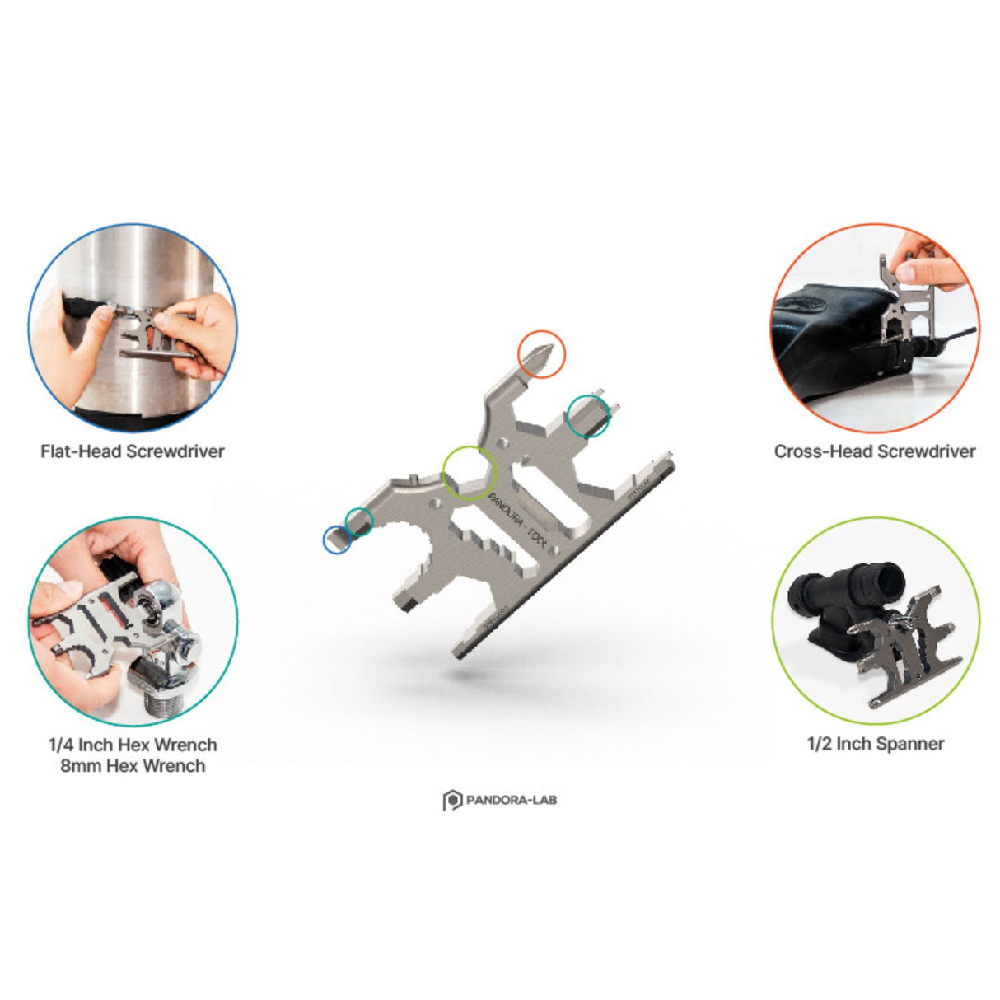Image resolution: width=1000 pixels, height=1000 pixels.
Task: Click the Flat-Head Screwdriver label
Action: click(x=132, y=451)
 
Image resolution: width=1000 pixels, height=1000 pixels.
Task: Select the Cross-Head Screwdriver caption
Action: click(x=874, y=451)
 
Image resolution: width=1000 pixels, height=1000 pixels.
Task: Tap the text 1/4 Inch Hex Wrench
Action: click(x=133, y=745)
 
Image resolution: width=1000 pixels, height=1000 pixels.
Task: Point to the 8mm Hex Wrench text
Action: click(x=133, y=766)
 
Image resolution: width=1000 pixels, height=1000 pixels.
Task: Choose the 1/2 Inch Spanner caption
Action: click(x=875, y=744)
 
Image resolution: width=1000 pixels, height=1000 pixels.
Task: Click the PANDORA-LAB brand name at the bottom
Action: click(x=511, y=799)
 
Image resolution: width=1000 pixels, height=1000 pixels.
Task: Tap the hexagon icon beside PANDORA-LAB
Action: click(x=452, y=800)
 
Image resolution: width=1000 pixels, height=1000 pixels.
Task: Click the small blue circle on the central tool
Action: click(x=335, y=540)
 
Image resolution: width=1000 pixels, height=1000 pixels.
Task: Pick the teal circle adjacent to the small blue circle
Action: click(x=358, y=520)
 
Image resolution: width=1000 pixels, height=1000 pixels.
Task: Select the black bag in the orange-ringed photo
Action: click(x=832, y=329)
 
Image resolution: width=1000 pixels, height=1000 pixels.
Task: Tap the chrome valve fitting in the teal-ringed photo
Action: click(x=169, y=651)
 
